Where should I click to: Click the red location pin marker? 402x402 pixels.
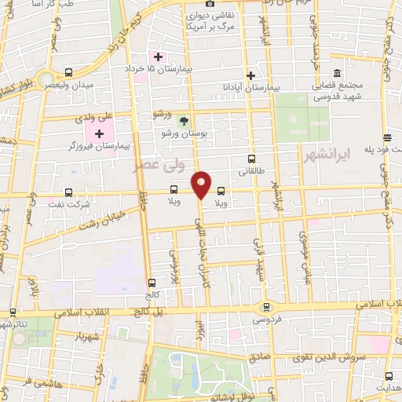click(x=202, y=185)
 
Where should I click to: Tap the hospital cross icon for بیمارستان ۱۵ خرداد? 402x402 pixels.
click(x=158, y=57)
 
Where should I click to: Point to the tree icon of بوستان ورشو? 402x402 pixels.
click(x=184, y=121)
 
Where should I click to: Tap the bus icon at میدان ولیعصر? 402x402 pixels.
click(x=69, y=71)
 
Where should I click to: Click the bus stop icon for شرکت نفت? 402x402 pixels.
click(x=68, y=192)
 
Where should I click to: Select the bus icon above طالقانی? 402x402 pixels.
click(x=251, y=159)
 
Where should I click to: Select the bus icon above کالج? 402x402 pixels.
click(x=152, y=282)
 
